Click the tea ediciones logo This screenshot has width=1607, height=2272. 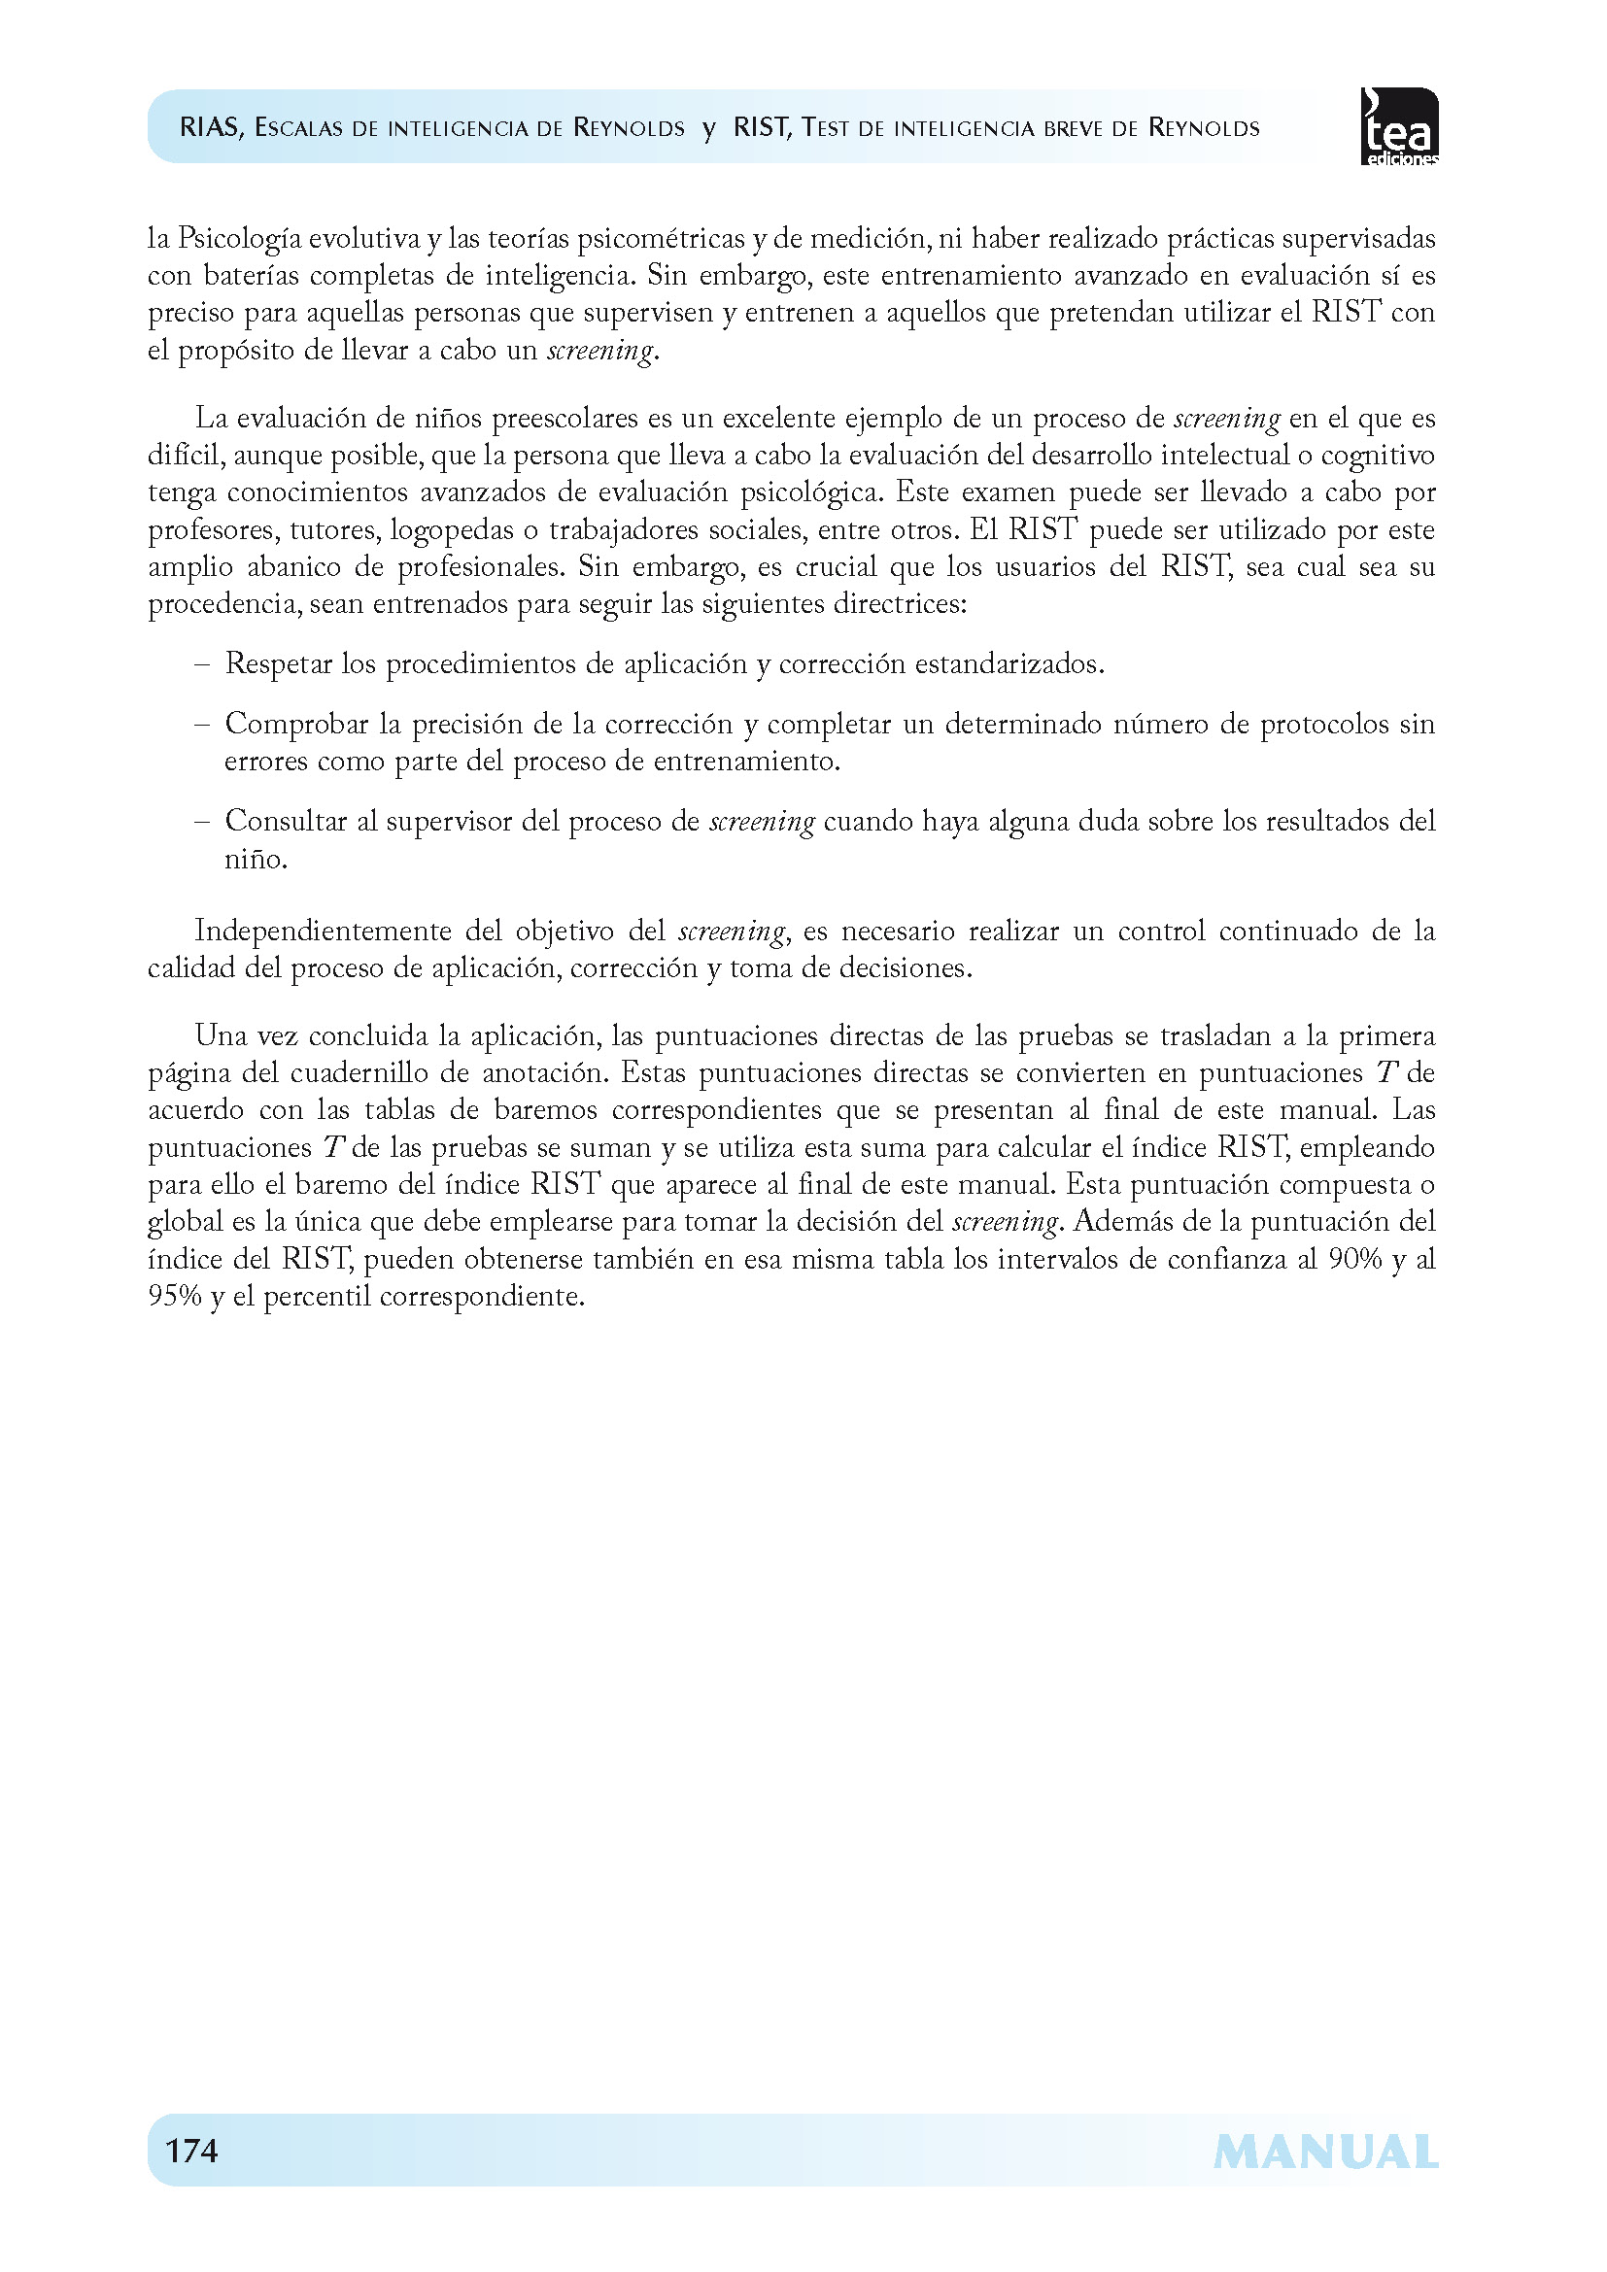tap(1399, 126)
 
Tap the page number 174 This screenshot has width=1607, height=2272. tap(192, 2151)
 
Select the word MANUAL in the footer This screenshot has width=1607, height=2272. tap(1325, 2153)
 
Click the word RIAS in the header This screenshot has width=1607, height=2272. tap(210, 127)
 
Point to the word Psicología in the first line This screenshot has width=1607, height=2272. tap(239, 239)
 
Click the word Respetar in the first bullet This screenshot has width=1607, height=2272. tap(279, 664)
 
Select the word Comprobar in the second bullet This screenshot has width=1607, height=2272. tap(295, 725)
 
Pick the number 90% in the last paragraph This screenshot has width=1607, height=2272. tap(1354, 1260)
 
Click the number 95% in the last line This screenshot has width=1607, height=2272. tap(175, 1297)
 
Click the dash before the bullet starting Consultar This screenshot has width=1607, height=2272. tap(203, 822)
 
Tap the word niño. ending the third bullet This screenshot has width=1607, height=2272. tap(256, 859)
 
